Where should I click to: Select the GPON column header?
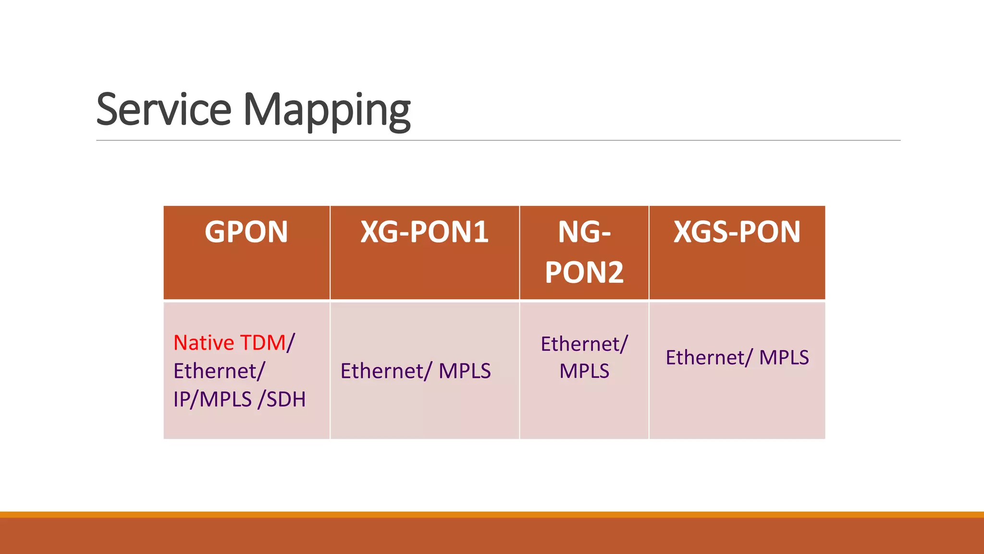click(246, 232)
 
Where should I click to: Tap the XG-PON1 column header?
click(424, 232)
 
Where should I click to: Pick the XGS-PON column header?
click(737, 232)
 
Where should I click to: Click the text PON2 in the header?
click(584, 272)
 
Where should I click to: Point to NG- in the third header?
click(584, 232)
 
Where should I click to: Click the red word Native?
click(204, 343)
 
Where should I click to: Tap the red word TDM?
click(262, 343)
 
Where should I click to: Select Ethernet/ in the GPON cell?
click(219, 371)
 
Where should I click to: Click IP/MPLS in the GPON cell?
click(212, 399)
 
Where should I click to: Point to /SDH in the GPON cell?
click(282, 399)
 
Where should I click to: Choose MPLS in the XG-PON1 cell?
click(465, 371)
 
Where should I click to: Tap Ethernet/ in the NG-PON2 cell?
click(584, 344)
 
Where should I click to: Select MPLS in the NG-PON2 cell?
click(584, 371)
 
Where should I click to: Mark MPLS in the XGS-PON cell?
click(784, 358)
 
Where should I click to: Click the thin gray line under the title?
click(498, 140)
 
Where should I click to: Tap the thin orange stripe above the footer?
click(492, 515)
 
